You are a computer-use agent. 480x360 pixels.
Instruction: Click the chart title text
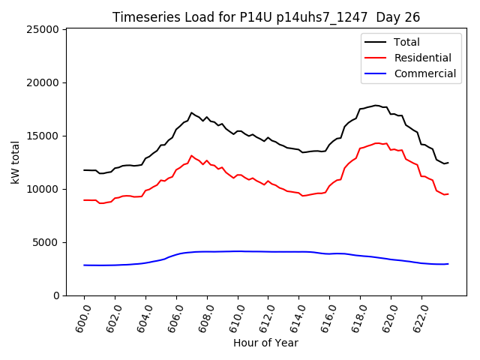(x=266, y=17)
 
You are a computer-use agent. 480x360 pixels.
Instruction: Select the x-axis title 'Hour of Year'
(x=265, y=343)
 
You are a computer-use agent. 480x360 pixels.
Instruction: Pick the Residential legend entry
(x=423, y=58)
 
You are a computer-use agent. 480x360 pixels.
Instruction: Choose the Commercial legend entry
(x=425, y=73)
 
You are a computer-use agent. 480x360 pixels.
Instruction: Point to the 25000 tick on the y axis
(x=43, y=29)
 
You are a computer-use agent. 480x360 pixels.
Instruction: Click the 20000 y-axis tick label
(x=43, y=82)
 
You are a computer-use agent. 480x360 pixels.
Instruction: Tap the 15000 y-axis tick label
(x=43, y=136)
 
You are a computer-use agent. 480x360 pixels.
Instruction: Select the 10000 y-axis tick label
(x=43, y=189)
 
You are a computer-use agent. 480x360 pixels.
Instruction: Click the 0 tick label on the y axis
(x=56, y=295)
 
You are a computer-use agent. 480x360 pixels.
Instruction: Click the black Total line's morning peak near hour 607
(x=191, y=112)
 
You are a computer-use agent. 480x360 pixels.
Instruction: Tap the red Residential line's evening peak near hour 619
(x=376, y=142)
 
